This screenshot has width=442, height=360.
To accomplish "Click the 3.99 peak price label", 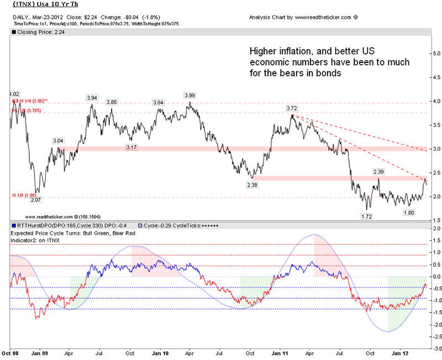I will (x=190, y=95).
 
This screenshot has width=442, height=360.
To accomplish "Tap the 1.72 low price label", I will (x=365, y=216).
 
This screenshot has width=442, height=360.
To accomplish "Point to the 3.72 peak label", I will (x=293, y=108).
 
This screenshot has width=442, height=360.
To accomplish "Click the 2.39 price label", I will (x=378, y=172).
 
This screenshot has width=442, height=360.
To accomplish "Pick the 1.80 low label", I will (x=408, y=212).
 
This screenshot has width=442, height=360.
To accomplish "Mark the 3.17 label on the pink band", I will (x=131, y=148).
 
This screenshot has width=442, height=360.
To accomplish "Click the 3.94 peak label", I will (x=92, y=98).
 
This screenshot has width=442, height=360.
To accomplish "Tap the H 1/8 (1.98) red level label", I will (x=23, y=195).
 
